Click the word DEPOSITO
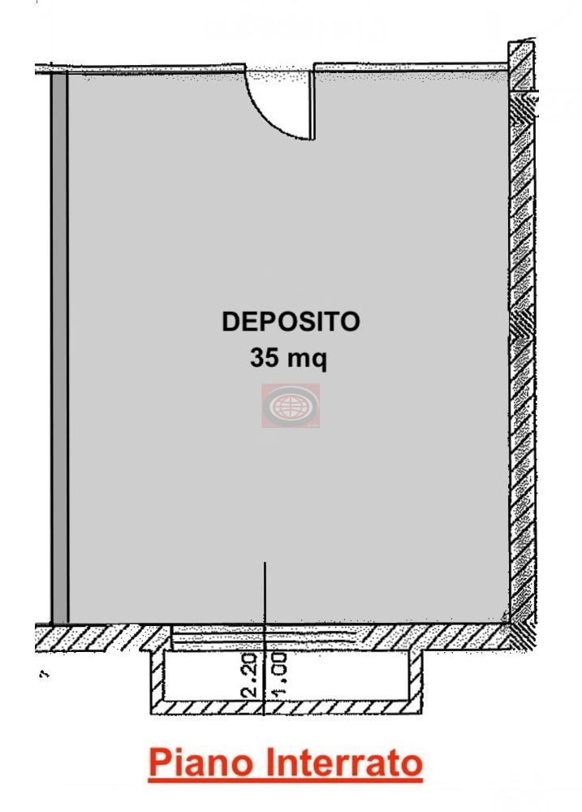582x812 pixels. (x=291, y=322)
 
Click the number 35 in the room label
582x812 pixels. (x=266, y=358)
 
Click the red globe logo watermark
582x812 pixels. (x=291, y=405)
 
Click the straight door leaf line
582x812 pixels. (x=312, y=103)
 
